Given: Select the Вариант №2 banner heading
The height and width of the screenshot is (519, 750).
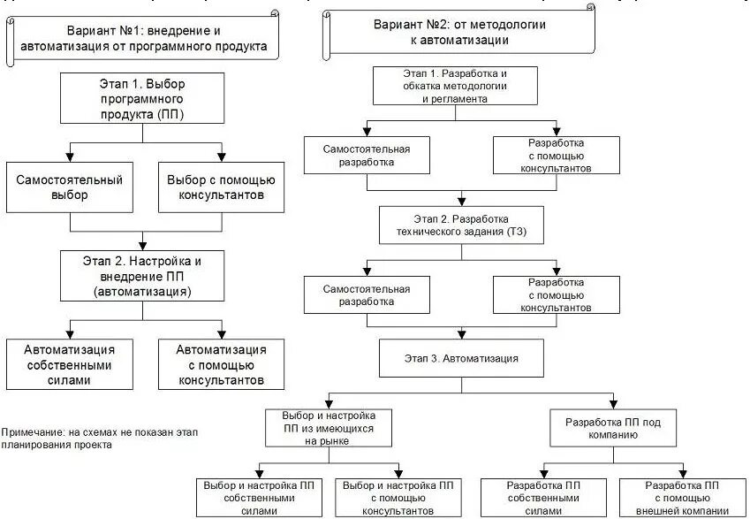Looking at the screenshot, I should pyautogui.click(x=458, y=33).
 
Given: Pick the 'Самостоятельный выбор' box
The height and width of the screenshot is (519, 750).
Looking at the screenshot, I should pyautogui.click(x=69, y=187).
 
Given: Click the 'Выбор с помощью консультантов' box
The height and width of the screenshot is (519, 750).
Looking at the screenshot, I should pyautogui.click(x=221, y=187).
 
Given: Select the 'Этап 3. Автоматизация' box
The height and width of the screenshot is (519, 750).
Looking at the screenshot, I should pyautogui.click(x=461, y=359).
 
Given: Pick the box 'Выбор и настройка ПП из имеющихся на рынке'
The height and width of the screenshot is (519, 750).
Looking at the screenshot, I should pyautogui.click(x=329, y=428).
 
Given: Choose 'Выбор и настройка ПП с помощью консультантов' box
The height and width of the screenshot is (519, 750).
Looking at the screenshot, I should pyautogui.click(x=398, y=498).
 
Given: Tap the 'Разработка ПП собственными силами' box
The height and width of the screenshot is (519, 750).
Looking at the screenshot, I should pyautogui.click(x=542, y=498).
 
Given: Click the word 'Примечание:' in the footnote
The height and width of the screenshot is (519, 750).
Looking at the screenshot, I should pyautogui.click(x=32, y=431).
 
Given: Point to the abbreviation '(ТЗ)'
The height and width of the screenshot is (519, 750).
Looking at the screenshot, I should pyautogui.click(x=516, y=233).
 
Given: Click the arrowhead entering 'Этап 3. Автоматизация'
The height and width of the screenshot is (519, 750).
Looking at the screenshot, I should pyautogui.click(x=461, y=335).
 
